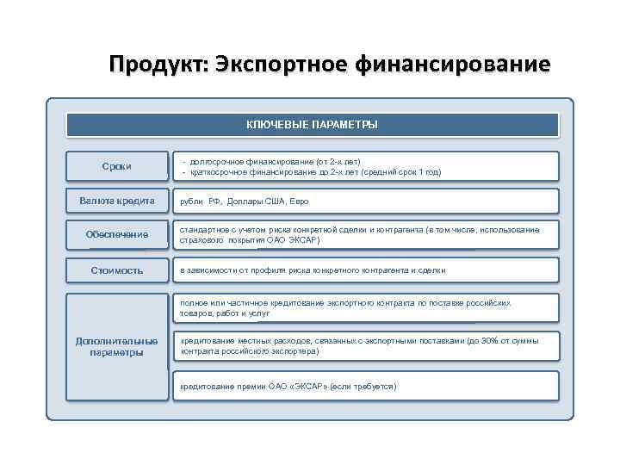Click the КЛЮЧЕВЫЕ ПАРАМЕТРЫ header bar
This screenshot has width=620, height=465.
coord(312,125)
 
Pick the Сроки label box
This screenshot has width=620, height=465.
coord(117,165)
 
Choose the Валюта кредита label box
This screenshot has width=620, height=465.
coord(117,201)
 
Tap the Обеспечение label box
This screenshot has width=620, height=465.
coord(117,235)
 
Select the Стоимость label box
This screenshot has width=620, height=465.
coord(117,270)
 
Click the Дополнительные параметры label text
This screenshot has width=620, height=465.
coord(117,346)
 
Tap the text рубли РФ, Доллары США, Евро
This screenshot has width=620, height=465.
coord(244,201)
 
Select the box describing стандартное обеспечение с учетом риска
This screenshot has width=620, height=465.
coord(366,235)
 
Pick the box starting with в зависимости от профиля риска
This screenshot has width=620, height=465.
coord(366,270)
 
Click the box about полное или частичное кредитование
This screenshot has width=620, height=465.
coord(366,308)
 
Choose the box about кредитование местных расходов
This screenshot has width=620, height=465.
coord(366,346)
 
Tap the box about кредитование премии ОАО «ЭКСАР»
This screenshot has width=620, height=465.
coord(366,386)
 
